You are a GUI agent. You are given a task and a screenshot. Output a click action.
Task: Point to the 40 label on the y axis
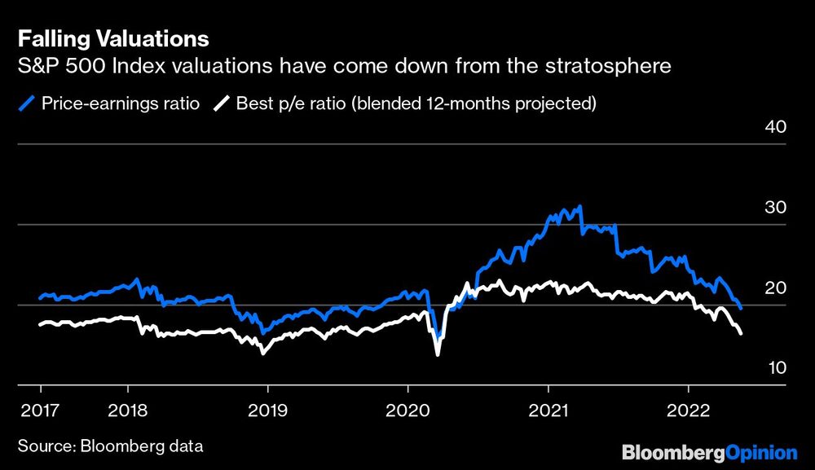pyautogui.click(x=775, y=127)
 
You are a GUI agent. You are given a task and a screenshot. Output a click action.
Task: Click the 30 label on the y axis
pyautogui.click(x=775, y=207)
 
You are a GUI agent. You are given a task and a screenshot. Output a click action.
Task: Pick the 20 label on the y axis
pyautogui.click(x=775, y=288)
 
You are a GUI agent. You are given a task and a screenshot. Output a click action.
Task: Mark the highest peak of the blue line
pyautogui.click(x=579, y=206)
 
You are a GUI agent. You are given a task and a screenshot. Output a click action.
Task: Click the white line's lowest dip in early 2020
pyautogui.click(x=438, y=354)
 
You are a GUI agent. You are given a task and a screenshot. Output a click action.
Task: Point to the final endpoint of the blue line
pyautogui.click(x=740, y=308)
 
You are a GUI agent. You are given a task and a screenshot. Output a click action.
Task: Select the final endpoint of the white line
pyautogui.click(x=740, y=334)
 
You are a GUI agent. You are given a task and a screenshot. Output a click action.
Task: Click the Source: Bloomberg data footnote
pyautogui.click(x=110, y=446)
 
